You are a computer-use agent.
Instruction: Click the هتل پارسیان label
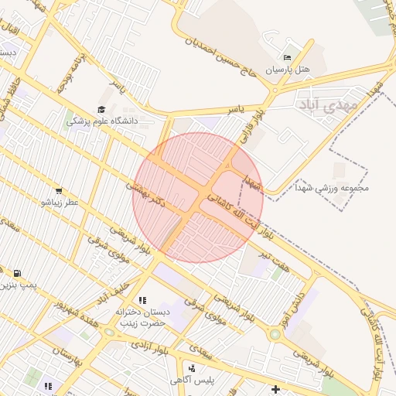pos(288,70)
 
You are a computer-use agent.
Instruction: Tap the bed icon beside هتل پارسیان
pos(288,57)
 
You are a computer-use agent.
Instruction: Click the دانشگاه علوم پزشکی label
pos(101,121)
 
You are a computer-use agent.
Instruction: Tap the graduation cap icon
pos(101,110)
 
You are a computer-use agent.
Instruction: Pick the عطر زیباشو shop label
pos(60,203)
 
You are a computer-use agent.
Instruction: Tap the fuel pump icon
pos(17,273)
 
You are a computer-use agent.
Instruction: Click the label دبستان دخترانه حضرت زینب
pos(142,317)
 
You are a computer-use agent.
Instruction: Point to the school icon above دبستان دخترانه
pos(142,300)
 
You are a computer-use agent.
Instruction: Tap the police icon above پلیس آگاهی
pos(191,368)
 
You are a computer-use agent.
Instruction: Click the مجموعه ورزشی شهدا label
pos(333,187)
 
